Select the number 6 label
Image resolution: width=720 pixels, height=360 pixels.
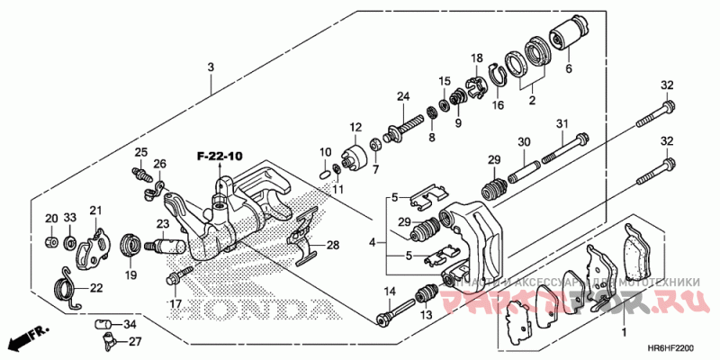pos(568,67)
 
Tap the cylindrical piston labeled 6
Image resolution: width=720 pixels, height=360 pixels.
pos(564,35)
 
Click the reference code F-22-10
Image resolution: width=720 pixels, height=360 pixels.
pos(220,157)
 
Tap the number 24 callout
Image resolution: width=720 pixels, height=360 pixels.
pos(403,96)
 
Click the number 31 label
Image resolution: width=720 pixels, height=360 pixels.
pos(562,123)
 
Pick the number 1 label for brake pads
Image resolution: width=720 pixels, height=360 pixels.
pos(624,333)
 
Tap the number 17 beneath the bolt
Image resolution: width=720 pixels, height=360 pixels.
pos(174,303)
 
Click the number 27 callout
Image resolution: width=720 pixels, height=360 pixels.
pos(133,341)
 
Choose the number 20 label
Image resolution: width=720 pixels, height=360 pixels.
pos(51,219)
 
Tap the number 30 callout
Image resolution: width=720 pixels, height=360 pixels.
pos(524,141)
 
